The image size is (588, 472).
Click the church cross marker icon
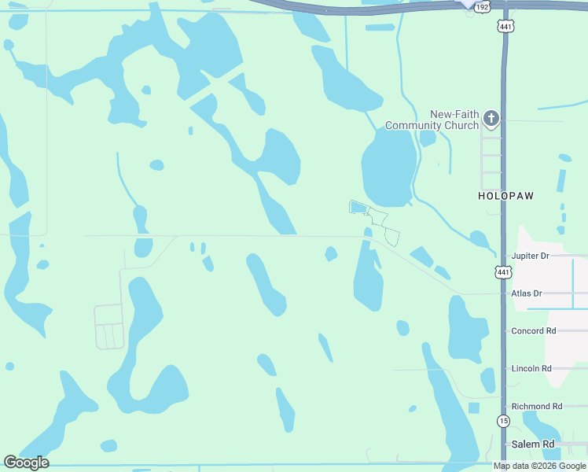pyautogui.click(x=491, y=119)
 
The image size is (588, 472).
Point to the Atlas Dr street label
pyautogui.click(x=527, y=293)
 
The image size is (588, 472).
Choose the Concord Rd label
pyautogui.click(x=534, y=331)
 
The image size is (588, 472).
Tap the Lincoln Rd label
pyautogui.click(x=531, y=368)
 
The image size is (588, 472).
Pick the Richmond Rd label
pyautogui.click(x=537, y=406)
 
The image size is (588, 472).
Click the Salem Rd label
pyautogui.click(x=533, y=444)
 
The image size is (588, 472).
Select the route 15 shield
pyautogui.click(x=503, y=421)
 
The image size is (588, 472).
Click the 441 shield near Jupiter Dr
pyautogui.click(x=503, y=272)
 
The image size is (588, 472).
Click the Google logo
pyautogui.click(x=26, y=463)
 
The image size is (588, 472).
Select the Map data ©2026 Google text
pyautogui.click(x=539, y=466)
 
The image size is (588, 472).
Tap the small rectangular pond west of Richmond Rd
pyautogui.click(x=473, y=407)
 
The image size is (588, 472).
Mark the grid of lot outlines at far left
pyautogui.click(x=109, y=326)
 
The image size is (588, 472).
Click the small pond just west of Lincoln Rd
pyautogui.click(x=488, y=379)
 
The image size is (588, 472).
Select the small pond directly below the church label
pyautogui.click(x=428, y=138)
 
